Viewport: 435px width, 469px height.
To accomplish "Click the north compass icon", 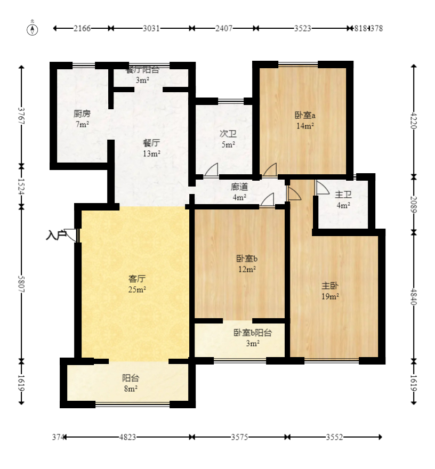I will click(x=33, y=28).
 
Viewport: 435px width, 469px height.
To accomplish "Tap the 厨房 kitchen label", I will click(x=82, y=118).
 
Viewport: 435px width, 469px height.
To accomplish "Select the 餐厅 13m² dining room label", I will click(x=151, y=148).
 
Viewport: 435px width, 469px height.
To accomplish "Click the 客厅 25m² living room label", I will click(x=137, y=284).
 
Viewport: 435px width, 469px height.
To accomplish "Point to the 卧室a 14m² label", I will click(x=304, y=120).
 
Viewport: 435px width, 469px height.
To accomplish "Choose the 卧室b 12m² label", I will click(x=247, y=264).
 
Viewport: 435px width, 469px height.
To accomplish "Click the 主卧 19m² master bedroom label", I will click(x=330, y=291).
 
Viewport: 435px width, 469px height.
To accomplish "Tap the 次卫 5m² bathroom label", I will click(x=228, y=139).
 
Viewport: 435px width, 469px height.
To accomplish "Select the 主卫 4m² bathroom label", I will click(x=343, y=199).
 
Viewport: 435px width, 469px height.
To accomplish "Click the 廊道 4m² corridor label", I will click(x=239, y=192).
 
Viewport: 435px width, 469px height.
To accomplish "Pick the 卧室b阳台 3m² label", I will click(x=252, y=338).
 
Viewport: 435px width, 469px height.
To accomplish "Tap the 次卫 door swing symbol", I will click(x=212, y=170).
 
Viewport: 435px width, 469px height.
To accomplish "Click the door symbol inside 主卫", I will click(x=321, y=188).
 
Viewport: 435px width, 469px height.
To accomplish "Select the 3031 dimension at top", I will click(x=151, y=28).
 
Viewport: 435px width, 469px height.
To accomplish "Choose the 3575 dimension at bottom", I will click(x=240, y=438).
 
